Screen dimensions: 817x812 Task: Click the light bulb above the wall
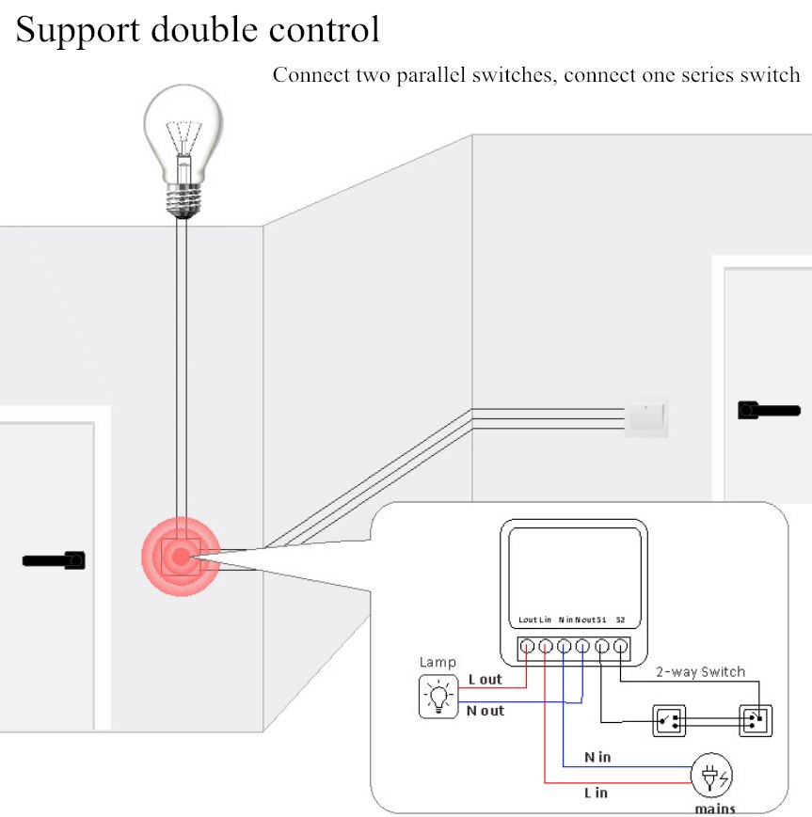pos(184,155)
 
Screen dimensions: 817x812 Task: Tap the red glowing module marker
pos(179,557)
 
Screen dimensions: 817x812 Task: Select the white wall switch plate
pos(645,416)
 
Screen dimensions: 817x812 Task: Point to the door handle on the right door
pos(769,410)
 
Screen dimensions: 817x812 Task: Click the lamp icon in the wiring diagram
pos(438,697)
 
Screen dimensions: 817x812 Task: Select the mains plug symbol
pos(712,777)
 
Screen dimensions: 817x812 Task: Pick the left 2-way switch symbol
pos(669,722)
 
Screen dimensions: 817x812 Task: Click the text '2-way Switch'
pos(700,671)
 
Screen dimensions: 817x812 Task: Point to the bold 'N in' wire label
pos(597,757)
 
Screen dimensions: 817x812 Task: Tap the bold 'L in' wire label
pos(596,793)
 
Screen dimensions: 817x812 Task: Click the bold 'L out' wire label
pos(485,680)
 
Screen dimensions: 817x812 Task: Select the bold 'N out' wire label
pos(486,711)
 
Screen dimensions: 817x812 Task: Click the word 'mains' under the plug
pos(715,808)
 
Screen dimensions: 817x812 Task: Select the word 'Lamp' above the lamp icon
pos(437,663)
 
